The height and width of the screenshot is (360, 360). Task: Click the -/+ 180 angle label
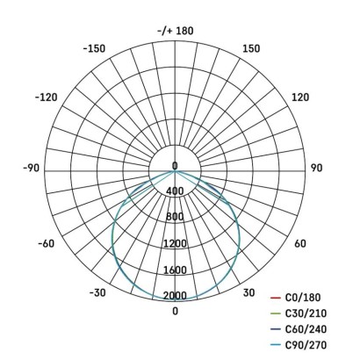[x=175, y=31]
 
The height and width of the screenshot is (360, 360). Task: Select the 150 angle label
[x=250, y=48]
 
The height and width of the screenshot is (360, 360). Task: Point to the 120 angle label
[x=299, y=97]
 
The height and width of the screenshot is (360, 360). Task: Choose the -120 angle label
[x=47, y=97]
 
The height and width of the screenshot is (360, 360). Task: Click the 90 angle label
[x=316, y=167]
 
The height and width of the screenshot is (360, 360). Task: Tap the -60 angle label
[x=46, y=243]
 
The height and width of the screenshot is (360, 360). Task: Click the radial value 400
[x=175, y=191]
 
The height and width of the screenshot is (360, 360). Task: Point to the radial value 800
[x=175, y=217]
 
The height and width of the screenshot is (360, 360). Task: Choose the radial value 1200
[x=175, y=243]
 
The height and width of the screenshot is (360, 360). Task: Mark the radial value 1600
[x=175, y=270]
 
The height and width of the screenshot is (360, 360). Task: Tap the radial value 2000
[x=175, y=295]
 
